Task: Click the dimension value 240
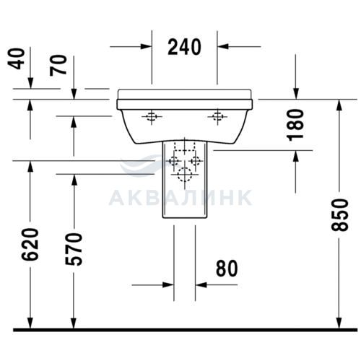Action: (184, 47)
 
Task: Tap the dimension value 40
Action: (17, 59)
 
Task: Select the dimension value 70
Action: (58, 65)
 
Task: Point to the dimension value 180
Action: (295, 125)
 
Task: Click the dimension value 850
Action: (339, 215)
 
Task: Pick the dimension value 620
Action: (30, 244)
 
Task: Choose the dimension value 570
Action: (74, 249)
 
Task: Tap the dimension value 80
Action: (227, 269)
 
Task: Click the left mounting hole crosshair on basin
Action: (152, 117)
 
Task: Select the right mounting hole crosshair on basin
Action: (217, 117)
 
